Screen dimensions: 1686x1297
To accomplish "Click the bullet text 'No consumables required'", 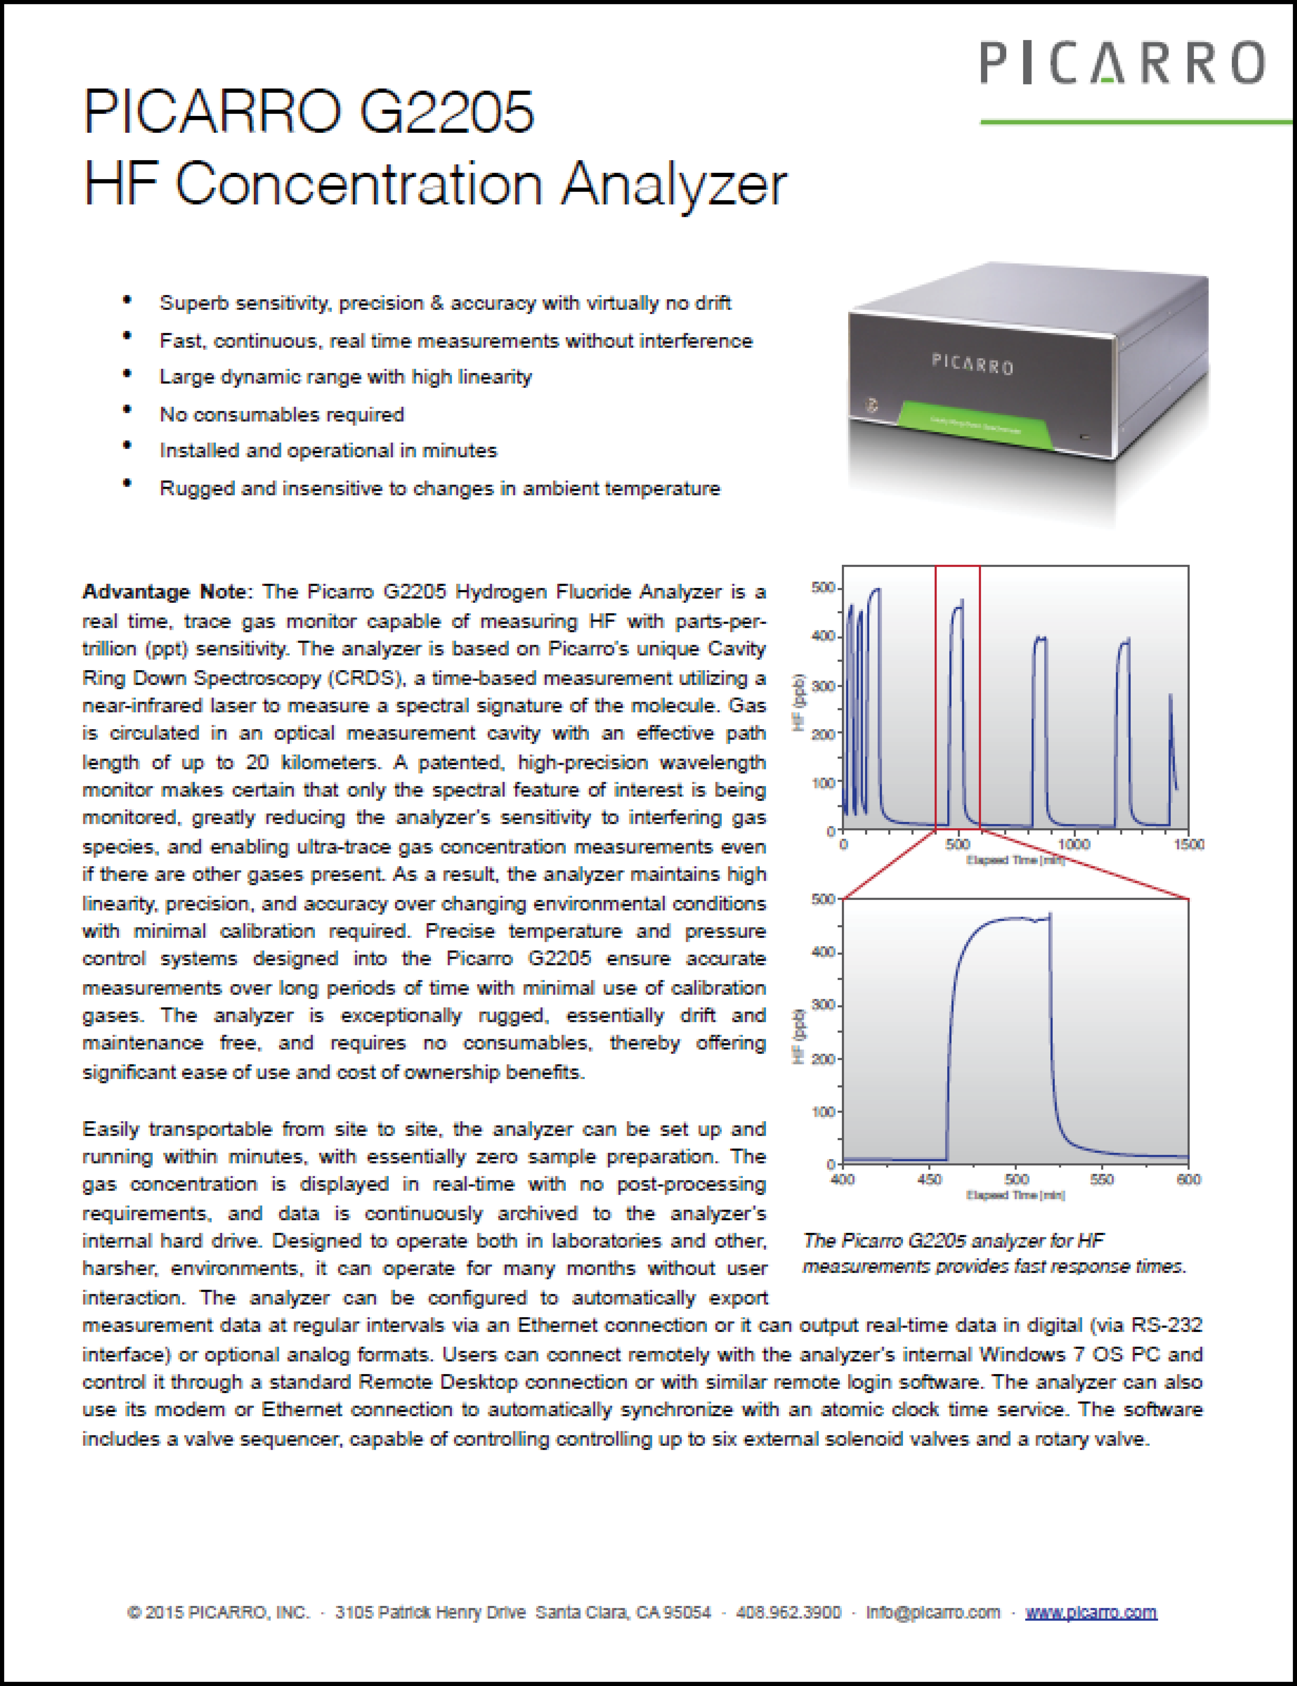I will [282, 415].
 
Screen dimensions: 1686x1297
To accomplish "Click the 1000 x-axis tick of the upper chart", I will [1073, 844].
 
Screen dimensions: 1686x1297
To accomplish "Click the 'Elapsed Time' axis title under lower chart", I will [1015, 1196].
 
